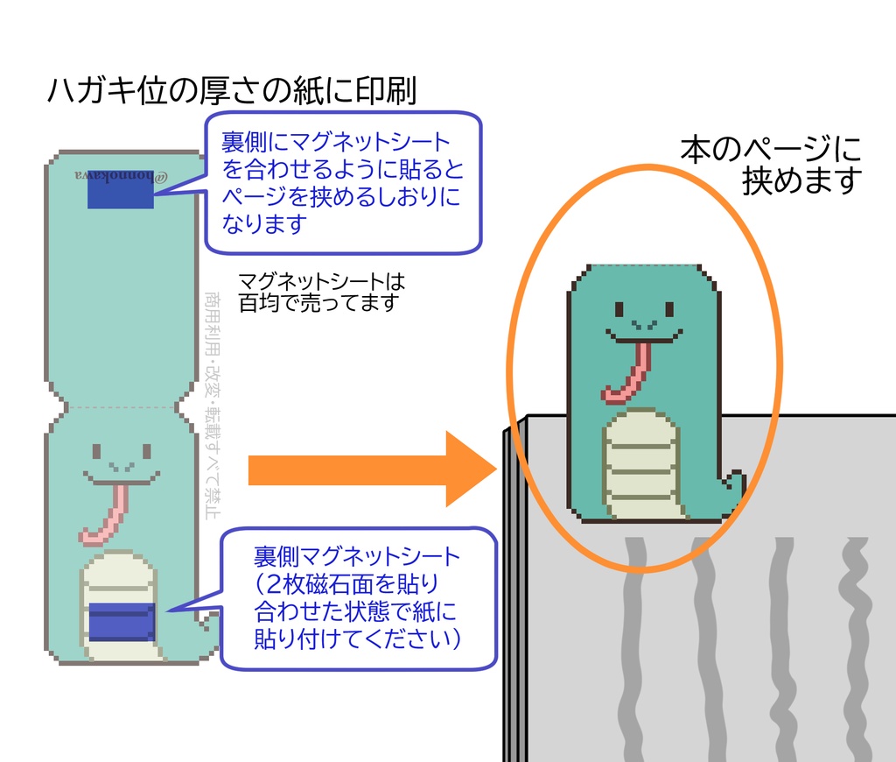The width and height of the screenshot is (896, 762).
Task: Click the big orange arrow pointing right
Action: [x=367, y=469]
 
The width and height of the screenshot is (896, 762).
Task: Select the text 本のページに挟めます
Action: [x=770, y=165]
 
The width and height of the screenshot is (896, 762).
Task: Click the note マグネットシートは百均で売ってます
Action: [x=320, y=292]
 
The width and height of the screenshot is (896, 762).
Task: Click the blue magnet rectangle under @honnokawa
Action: [x=121, y=194]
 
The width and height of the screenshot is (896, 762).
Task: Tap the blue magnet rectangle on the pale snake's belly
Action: [x=122, y=621]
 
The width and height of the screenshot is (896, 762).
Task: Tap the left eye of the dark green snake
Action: [x=619, y=309]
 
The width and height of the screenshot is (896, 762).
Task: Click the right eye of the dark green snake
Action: [x=669, y=309]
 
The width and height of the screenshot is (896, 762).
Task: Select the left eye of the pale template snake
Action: [x=97, y=452]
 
